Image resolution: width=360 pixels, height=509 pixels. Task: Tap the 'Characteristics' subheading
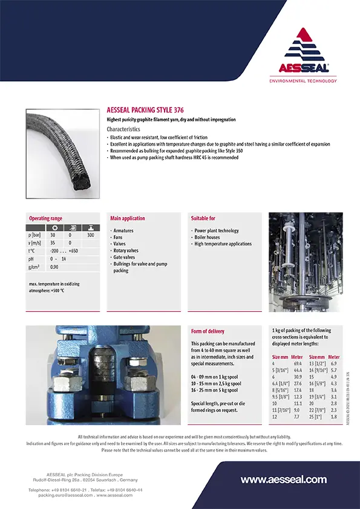coord(123,129)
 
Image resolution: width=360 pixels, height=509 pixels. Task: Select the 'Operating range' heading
coord(45,218)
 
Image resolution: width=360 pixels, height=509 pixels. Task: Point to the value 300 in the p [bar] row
coord(91,234)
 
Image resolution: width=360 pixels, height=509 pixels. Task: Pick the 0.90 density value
coord(54,267)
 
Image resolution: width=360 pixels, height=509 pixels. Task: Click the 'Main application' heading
coord(128,218)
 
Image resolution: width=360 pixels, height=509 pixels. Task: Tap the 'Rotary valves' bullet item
coord(126,250)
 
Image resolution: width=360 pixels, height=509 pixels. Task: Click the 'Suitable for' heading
coord(203,218)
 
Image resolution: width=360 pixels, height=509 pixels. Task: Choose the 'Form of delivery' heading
coord(208,331)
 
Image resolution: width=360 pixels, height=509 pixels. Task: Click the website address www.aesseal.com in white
coord(284,479)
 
